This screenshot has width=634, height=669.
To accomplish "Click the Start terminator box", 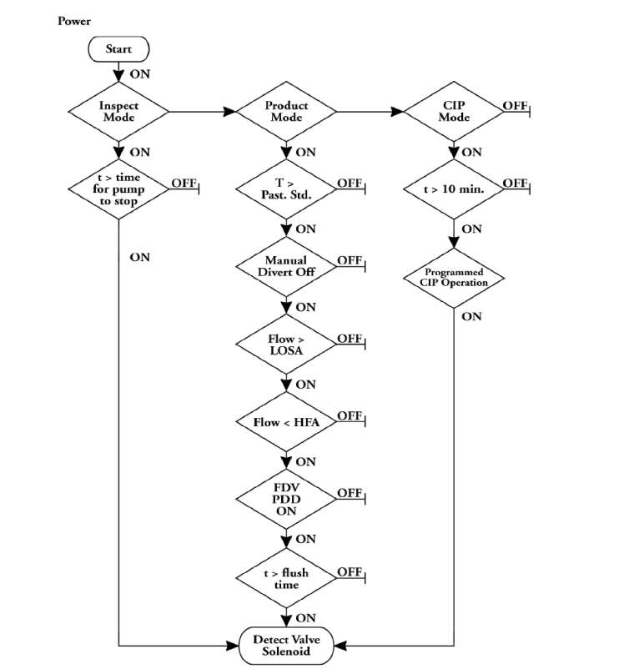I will tap(118, 49).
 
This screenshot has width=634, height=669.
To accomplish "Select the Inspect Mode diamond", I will tap(118, 111).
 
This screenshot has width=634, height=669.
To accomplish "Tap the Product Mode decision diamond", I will tap(286, 111).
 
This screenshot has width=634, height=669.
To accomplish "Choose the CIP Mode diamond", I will tap(454, 111).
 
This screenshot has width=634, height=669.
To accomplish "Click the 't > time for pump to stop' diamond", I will tap(118, 189).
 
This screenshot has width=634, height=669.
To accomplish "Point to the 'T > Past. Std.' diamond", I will tap(286, 189).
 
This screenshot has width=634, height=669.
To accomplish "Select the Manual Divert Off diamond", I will tap(286, 266).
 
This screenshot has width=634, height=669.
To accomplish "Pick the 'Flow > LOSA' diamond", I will tap(286, 344).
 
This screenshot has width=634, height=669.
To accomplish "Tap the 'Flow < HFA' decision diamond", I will tap(286, 422).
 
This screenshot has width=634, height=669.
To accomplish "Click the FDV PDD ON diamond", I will tap(286, 499).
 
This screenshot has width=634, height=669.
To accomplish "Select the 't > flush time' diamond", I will tap(286, 577).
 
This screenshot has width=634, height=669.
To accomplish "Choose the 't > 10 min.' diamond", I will tap(454, 189).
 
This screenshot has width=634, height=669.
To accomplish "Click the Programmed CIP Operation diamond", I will tap(454, 277).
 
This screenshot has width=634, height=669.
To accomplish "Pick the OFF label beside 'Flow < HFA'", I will tap(349, 415).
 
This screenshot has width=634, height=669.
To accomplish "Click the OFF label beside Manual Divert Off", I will tap(349, 260).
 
